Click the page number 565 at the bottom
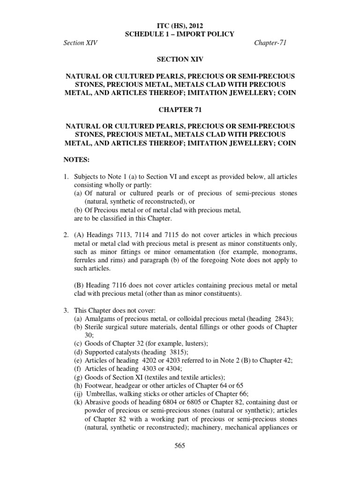pyautogui.click(x=180, y=446)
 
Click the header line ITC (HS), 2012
pyautogui.click(x=180, y=25)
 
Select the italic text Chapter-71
pyautogui.click(x=270, y=43)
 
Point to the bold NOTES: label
pyautogui.click(x=76, y=160)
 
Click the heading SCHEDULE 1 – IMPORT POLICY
pyautogui.click(x=180, y=34)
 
